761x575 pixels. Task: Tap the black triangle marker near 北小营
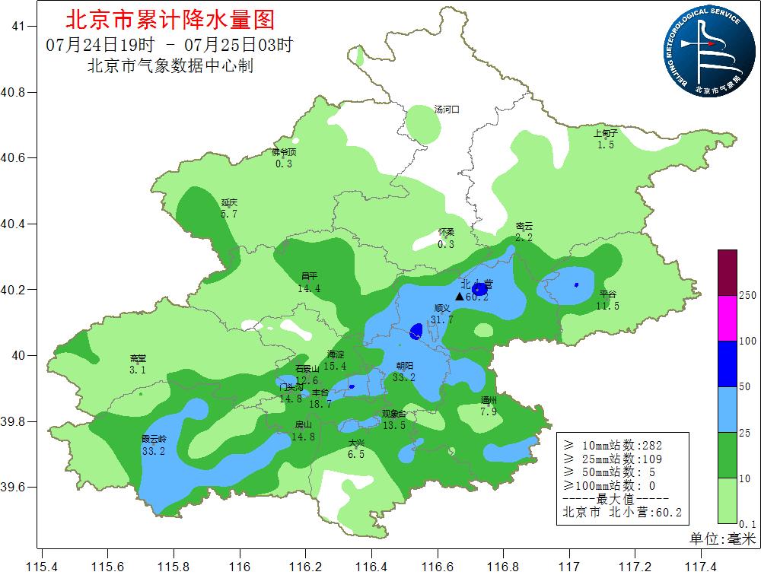click(x=459, y=296)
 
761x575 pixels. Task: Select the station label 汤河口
click(x=447, y=110)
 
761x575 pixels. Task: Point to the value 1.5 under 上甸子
click(x=606, y=145)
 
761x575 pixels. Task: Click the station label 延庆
click(x=230, y=203)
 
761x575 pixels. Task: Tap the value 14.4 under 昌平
click(x=309, y=288)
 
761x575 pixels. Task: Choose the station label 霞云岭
click(x=154, y=440)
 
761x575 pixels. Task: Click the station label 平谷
click(x=607, y=294)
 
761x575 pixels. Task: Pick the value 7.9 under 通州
click(x=489, y=411)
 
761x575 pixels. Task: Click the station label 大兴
click(x=356, y=443)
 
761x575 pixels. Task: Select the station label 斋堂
click(x=138, y=359)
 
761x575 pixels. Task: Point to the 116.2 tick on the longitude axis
click(x=306, y=566)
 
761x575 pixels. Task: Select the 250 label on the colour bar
click(x=747, y=295)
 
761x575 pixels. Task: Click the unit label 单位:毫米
click(x=722, y=538)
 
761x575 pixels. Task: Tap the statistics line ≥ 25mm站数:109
click(x=613, y=459)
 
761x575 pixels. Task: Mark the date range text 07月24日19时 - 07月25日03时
click(x=169, y=45)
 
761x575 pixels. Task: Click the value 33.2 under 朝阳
click(x=404, y=376)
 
